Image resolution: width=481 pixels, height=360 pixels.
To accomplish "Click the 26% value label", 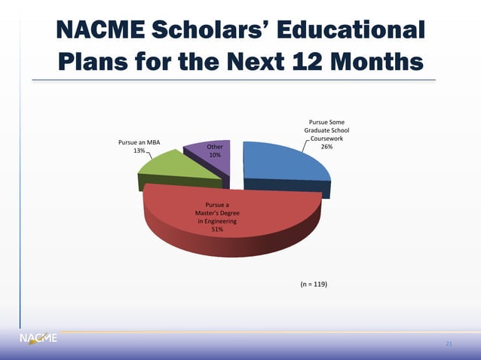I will click(327, 147).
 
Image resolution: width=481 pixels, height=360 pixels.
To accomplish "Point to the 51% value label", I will click(216, 229).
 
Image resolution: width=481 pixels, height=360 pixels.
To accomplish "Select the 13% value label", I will click(139, 151).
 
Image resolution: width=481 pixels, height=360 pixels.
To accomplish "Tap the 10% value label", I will click(215, 155).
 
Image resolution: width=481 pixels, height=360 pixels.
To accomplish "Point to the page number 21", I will click(449, 344).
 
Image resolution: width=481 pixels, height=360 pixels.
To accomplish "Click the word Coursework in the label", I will click(327, 139).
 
